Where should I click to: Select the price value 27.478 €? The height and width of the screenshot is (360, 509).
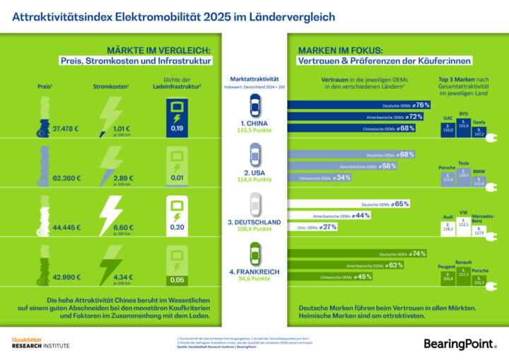point(66,129)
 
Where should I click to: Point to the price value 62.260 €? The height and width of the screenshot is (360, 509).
point(66,178)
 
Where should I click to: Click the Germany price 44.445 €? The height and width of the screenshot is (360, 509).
point(66,228)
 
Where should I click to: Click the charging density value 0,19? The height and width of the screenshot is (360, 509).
point(177,128)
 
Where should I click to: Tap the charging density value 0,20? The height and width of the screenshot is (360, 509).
point(177,227)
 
